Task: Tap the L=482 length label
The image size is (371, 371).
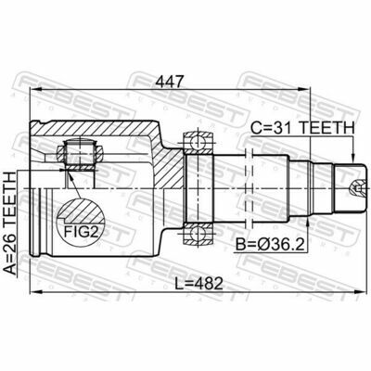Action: [x=198, y=283]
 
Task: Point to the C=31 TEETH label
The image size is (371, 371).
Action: [x=302, y=128]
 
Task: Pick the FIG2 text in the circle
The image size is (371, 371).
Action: [x=81, y=232]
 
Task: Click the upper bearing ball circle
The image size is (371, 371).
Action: [x=198, y=143]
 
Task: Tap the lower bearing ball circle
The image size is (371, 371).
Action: [x=198, y=234]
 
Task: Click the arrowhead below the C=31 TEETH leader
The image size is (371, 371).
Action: [x=352, y=158]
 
